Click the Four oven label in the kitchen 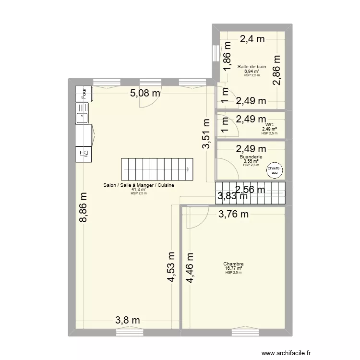click(x=84, y=94)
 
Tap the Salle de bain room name click(x=252, y=67)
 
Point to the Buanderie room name click(x=251, y=156)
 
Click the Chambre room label click(x=233, y=264)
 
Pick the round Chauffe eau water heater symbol click(x=275, y=170)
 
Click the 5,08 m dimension click(x=145, y=93)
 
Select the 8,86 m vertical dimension click(x=84, y=207)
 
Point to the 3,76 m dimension click(x=234, y=215)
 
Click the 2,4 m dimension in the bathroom click(x=252, y=40)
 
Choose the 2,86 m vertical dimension click(x=277, y=70)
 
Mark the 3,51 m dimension click(x=206, y=134)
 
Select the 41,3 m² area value click(x=139, y=190)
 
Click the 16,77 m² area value click(x=233, y=268)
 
